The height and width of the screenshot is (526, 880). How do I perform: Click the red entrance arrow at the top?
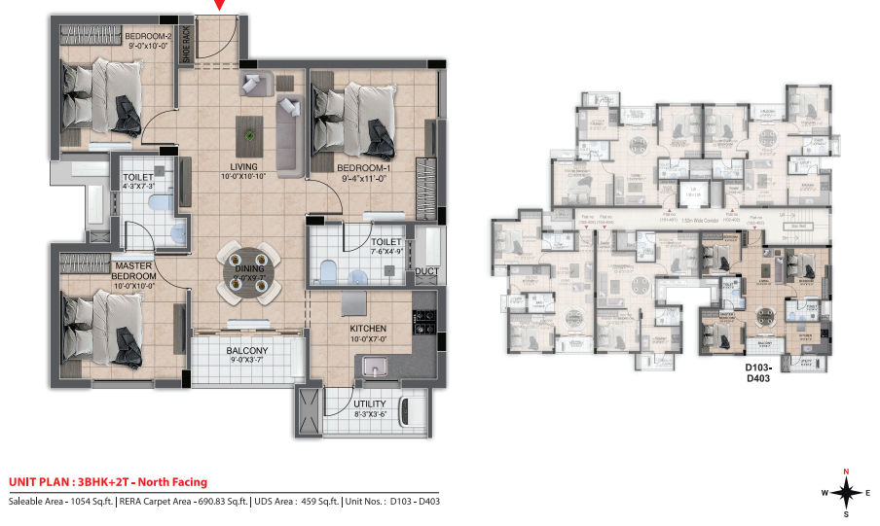click(220, 5)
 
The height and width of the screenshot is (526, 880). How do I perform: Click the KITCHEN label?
click(369, 329)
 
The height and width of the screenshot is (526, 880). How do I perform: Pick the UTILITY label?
click(370, 403)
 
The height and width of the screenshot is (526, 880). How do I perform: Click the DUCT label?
click(426, 272)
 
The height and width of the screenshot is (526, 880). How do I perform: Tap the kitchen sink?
click(373, 368)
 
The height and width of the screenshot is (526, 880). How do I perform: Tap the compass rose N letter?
click(845, 472)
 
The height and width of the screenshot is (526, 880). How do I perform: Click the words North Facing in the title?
click(172, 482)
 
